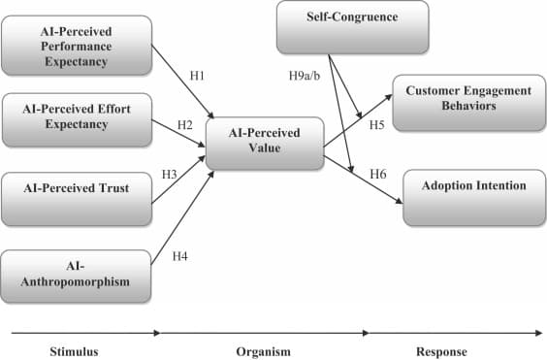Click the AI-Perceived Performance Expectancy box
(78, 44)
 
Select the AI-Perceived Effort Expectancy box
(76, 118)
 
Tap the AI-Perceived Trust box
(76, 186)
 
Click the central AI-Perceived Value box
(264, 142)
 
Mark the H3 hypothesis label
(169, 174)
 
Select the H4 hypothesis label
(179, 256)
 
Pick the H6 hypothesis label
(379, 174)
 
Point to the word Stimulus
(74, 350)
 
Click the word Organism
(264, 350)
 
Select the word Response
(444, 350)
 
